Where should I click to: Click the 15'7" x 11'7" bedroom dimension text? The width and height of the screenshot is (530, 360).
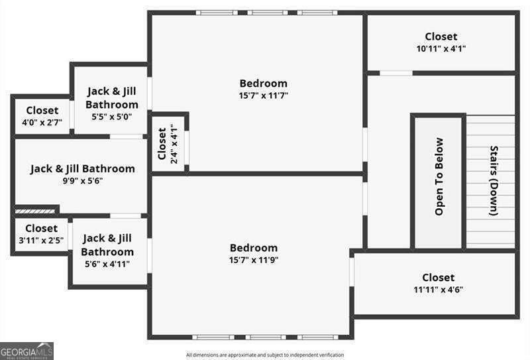pyautogui.click(x=263, y=95)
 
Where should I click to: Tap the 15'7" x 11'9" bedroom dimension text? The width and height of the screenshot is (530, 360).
pyautogui.click(x=254, y=260)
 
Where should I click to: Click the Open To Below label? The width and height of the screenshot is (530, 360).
pyautogui.click(x=439, y=176)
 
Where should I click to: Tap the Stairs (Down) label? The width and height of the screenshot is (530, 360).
pyautogui.click(x=494, y=181)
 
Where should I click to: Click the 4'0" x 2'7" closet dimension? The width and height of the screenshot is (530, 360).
pyautogui.click(x=42, y=123)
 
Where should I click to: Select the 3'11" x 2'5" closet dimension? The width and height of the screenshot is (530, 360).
pyautogui.click(x=41, y=241)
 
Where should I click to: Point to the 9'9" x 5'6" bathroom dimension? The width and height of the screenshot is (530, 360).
pyautogui.click(x=83, y=181)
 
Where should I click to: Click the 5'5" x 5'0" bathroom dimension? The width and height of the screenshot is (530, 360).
pyautogui.click(x=112, y=117)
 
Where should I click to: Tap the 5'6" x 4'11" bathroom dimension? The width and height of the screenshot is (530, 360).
pyautogui.click(x=107, y=264)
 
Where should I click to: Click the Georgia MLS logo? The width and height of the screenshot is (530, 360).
pyautogui.click(x=26, y=351)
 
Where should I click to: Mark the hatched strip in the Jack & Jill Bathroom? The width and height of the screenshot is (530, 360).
pyautogui.click(x=35, y=211)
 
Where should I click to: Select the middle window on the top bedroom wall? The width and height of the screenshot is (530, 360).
pyautogui.click(x=268, y=13)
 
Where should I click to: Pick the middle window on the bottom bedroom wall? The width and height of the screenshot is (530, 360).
pyautogui.click(x=266, y=337)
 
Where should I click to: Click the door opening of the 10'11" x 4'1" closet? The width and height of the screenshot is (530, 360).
pyautogui.click(x=396, y=73)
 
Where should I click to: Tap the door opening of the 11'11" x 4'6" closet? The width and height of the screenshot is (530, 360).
pyautogui.click(x=352, y=272)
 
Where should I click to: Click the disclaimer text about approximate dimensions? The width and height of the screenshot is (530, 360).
pyautogui.click(x=265, y=355)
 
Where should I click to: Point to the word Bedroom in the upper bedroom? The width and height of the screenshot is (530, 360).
pyautogui.click(x=263, y=84)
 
